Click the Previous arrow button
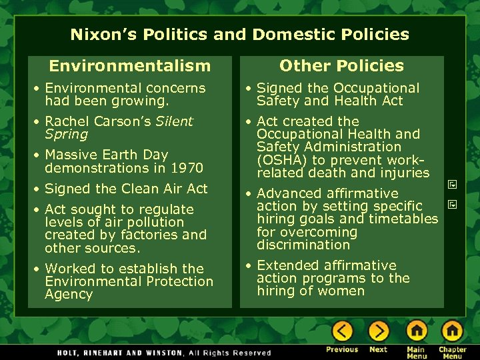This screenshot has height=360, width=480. pos(342,331)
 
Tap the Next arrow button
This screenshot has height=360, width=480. pos(378,331)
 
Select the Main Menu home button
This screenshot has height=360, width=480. pos(417,331)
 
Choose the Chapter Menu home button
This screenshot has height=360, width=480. pos(452,331)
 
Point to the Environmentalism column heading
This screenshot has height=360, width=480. pos(129,65)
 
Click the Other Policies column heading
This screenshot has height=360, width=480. pos(341,65)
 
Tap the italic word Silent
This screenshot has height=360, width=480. pos(174,121)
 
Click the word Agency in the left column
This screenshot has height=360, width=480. pos(69,295)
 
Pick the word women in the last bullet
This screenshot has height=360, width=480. pos(341,291)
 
